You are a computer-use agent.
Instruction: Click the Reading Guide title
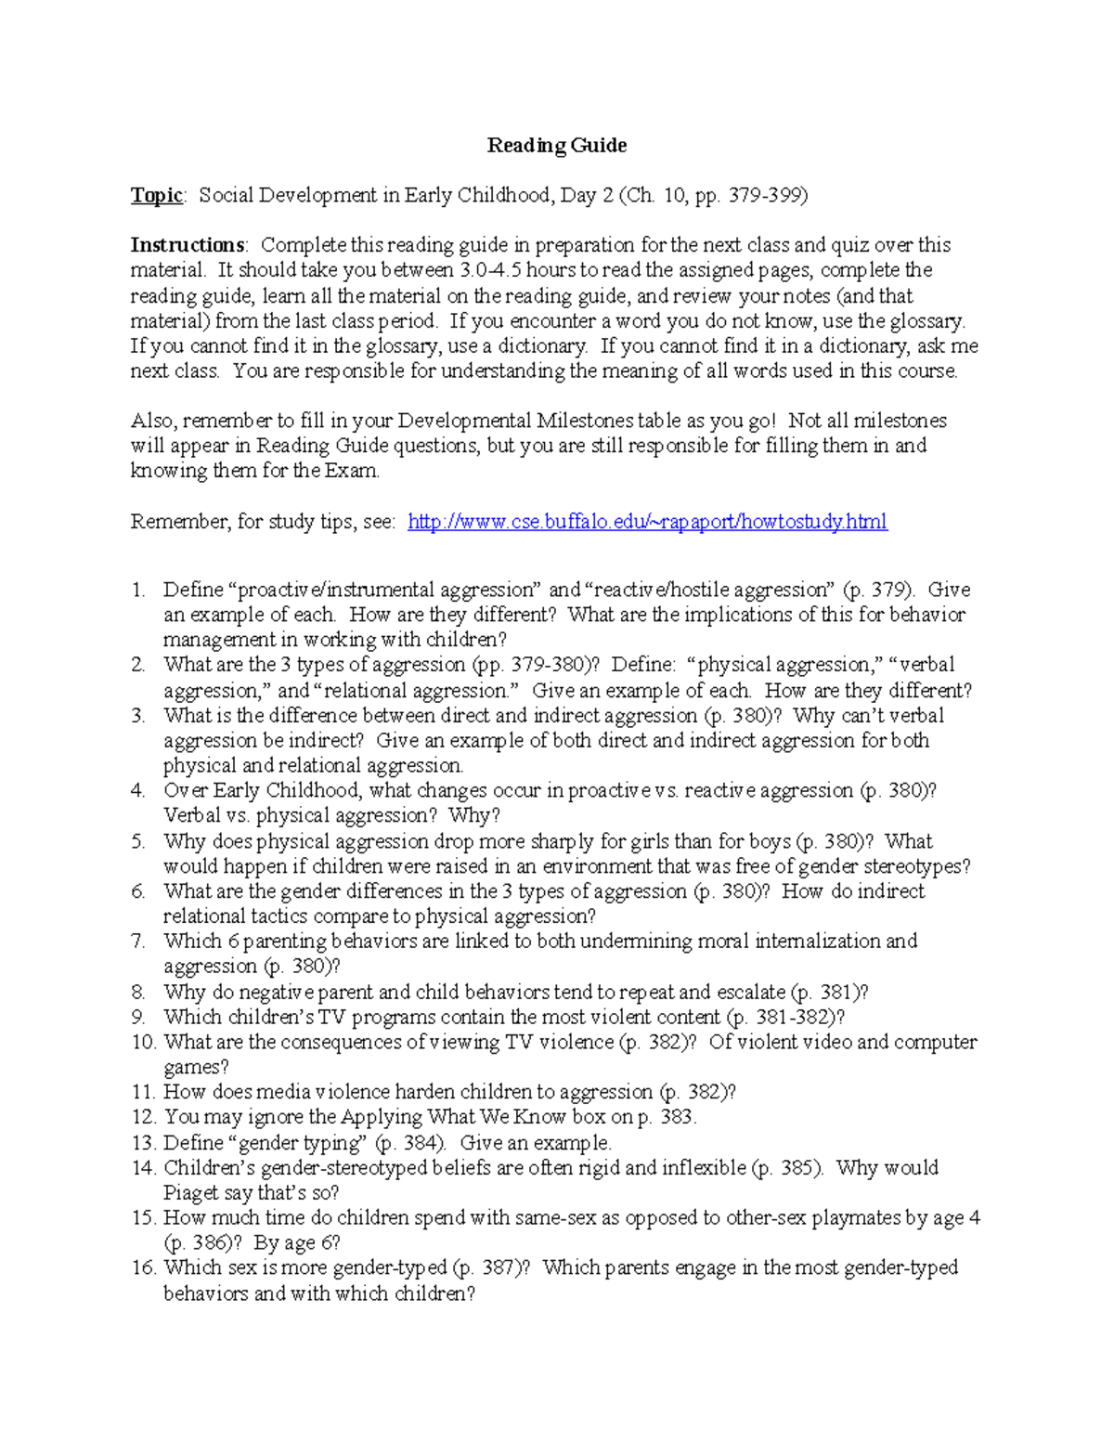557,145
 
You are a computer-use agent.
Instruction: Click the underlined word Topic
157,195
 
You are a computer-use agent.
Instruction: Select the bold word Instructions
188,245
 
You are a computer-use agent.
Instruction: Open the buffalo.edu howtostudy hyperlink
647,522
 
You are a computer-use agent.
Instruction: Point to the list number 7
137,942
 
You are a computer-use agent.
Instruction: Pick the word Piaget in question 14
191,1193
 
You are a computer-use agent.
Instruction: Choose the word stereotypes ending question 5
915,866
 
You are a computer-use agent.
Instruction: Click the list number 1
137,591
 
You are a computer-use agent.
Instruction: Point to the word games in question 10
195,1068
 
